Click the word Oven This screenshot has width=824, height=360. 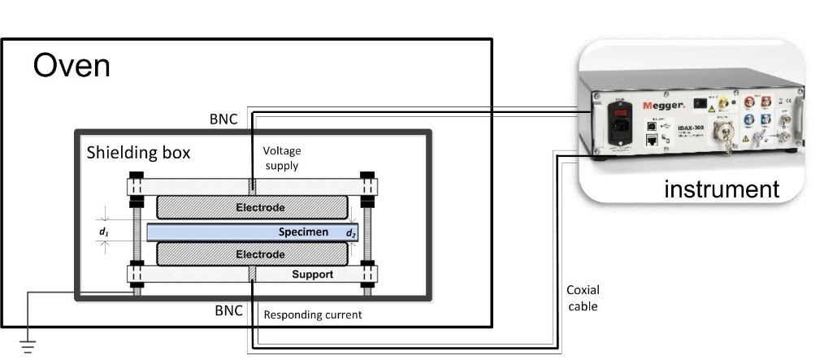72,65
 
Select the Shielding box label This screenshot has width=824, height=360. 139,153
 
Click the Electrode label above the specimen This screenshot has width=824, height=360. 260,208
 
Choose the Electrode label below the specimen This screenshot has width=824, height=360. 260,254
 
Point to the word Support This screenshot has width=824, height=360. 312,275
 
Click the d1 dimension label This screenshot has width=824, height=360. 103,232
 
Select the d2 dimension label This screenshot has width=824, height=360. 351,234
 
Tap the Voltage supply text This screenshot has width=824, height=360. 281,158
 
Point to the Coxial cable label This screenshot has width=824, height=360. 581,299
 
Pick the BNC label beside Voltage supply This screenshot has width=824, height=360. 223,119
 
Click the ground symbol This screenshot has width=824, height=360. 28,348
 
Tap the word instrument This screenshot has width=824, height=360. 721,189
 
